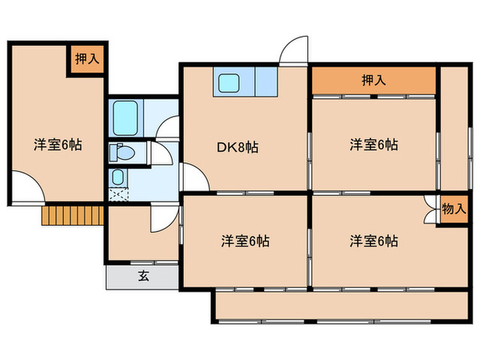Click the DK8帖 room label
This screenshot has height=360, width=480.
point(239,147)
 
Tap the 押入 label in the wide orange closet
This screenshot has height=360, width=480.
point(374,80)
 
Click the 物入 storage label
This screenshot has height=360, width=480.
point(453,209)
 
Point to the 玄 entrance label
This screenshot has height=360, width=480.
point(143,276)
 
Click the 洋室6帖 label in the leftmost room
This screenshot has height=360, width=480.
point(58,145)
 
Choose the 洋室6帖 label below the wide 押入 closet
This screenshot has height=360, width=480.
point(374,145)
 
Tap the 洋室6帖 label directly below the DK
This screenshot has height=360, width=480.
point(245,241)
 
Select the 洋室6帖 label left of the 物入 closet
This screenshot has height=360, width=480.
point(374,241)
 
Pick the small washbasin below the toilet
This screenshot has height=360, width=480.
point(117,177)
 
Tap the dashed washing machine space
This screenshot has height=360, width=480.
point(117,194)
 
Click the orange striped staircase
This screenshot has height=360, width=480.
point(71,215)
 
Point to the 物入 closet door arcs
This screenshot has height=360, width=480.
point(431,209)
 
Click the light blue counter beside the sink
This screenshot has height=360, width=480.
point(265,83)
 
